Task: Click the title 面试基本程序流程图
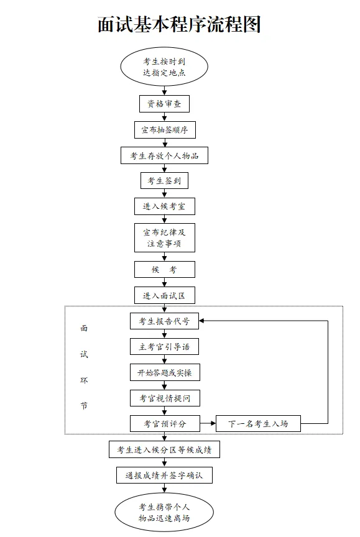(180, 25)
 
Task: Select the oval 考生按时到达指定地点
(164, 67)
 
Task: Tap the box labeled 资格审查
(164, 104)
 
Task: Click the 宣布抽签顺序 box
(165, 130)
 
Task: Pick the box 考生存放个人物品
(164, 155)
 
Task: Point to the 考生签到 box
(164, 180)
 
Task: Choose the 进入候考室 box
(164, 206)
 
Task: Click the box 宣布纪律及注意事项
(164, 237)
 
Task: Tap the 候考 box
(164, 270)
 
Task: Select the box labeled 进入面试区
(164, 295)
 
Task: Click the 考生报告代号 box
(164, 321)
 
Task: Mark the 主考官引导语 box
(164, 347)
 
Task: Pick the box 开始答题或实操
(165, 372)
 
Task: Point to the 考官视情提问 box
(165, 398)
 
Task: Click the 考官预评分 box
(165, 424)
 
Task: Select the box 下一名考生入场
(258, 424)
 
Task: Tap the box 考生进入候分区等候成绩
(164, 449)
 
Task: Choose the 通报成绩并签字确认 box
(164, 475)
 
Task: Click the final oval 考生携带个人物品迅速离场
(164, 512)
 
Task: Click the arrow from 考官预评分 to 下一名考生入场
(208, 424)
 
